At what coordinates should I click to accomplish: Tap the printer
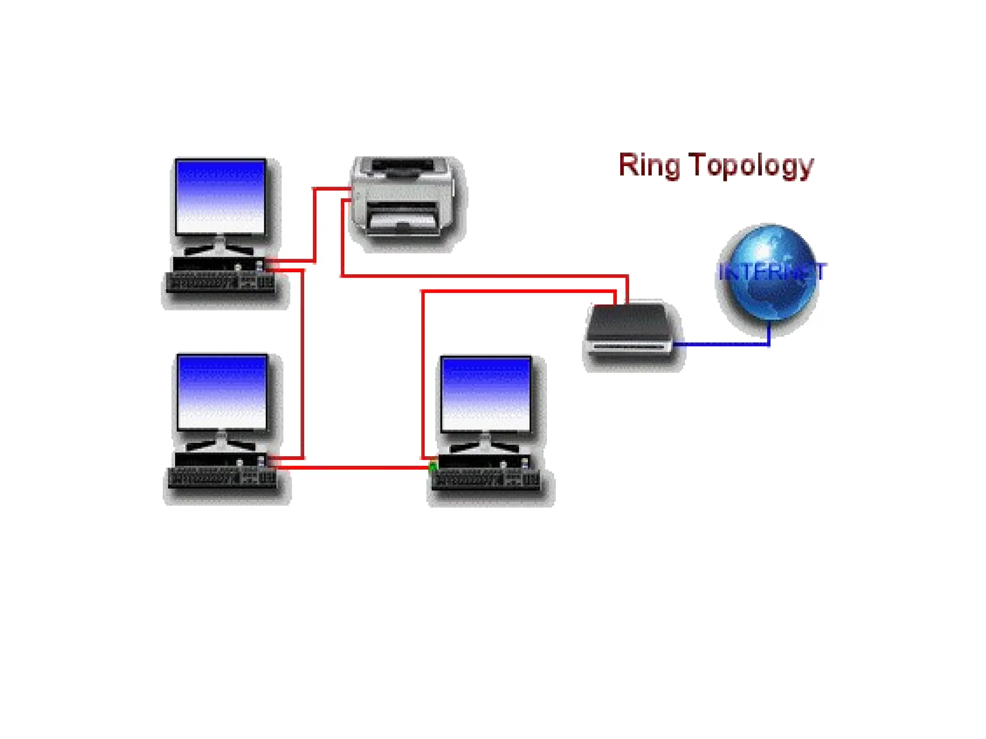click(403, 197)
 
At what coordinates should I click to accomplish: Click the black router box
click(630, 330)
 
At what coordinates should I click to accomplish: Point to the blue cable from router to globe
click(722, 344)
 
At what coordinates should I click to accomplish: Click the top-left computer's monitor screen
click(221, 197)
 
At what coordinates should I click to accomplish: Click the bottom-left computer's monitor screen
click(221, 392)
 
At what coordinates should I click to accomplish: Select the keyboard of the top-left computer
click(221, 282)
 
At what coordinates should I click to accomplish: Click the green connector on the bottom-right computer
click(432, 466)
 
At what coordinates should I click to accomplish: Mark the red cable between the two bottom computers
click(356, 467)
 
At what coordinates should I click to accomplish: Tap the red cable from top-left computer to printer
click(314, 226)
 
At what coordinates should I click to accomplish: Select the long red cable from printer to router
click(481, 276)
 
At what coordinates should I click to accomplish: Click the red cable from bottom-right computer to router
click(515, 291)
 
